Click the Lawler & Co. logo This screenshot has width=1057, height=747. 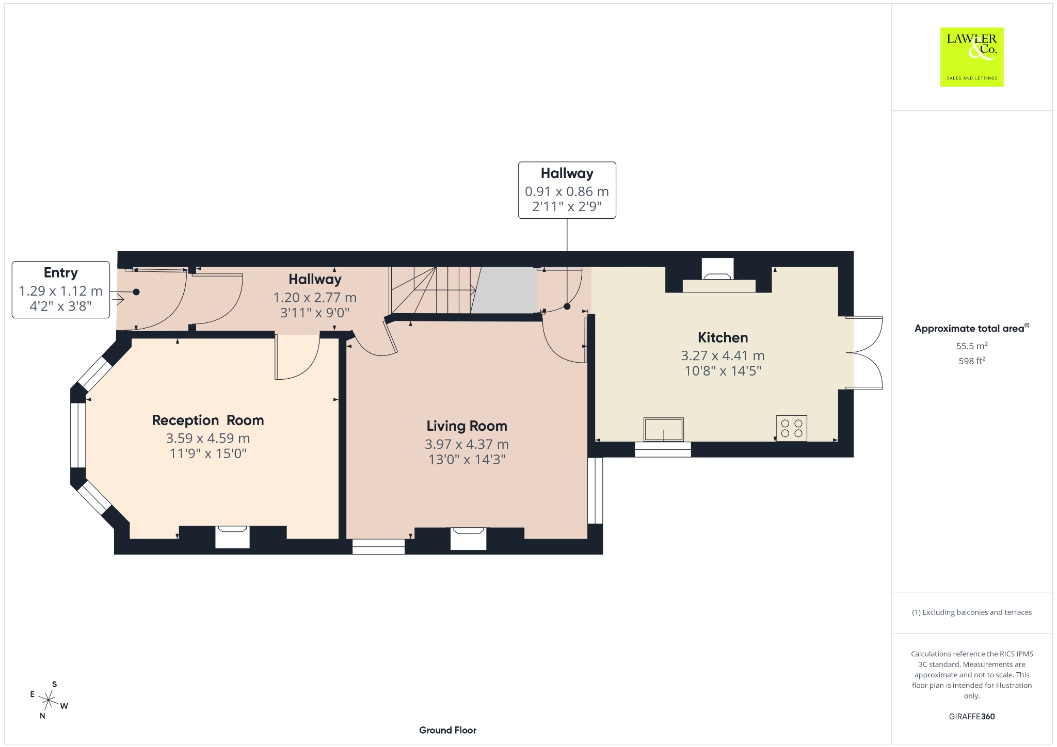tap(971, 57)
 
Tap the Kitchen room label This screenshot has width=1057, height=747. tap(723, 338)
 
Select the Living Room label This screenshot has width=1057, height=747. tap(467, 426)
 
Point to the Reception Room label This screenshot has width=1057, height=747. tap(207, 420)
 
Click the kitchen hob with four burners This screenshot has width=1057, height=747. tap(791, 428)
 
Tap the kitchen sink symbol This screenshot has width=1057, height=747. tap(663, 429)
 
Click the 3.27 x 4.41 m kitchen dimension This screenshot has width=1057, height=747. tap(723, 355)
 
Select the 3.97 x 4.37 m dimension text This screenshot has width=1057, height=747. tap(467, 444)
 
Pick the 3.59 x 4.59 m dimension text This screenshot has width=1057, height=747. tap(207, 439)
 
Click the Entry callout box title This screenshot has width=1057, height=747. tap(61, 273)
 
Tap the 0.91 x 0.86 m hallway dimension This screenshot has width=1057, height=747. tap(567, 191)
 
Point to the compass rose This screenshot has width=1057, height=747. tap(49, 700)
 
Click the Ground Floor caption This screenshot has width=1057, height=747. tap(447, 730)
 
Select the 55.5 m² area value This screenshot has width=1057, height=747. tap(972, 346)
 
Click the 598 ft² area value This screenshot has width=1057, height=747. tap(972, 361)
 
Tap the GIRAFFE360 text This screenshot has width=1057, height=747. tap(972, 717)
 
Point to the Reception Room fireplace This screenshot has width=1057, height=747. tap(232, 537)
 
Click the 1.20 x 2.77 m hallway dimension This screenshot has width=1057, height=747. tap(315, 298)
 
